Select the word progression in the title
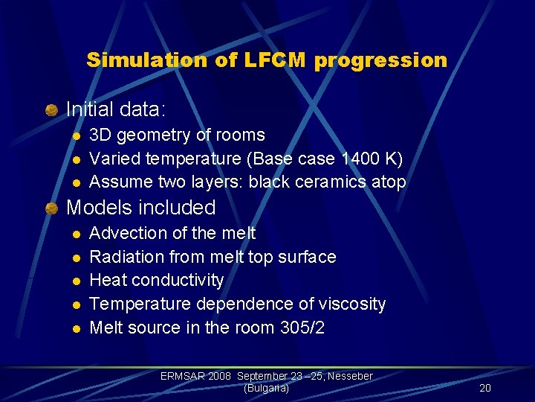(x=380, y=60)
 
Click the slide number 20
(x=485, y=388)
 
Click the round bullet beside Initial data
(x=51, y=110)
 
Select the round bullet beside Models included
(x=51, y=208)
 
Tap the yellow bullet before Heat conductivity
(x=75, y=281)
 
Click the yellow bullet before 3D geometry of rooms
(x=75, y=136)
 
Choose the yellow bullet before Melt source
(x=75, y=328)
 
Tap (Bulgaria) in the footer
(x=266, y=388)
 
